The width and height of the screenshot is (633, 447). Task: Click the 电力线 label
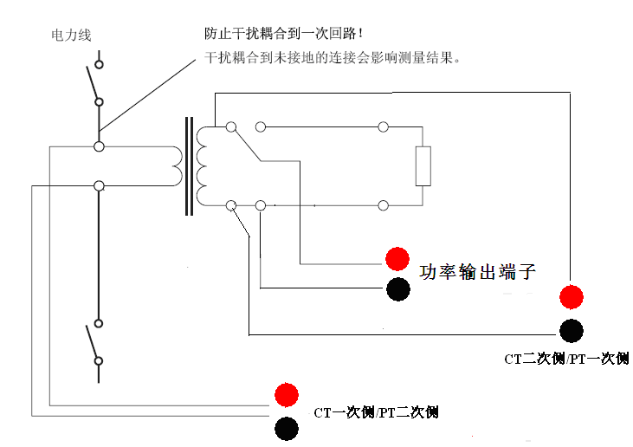(71, 36)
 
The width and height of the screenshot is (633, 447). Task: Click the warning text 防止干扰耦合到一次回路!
(285, 34)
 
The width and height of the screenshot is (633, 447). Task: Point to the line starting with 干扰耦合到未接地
(332, 59)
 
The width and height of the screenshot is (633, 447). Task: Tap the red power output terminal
(397, 258)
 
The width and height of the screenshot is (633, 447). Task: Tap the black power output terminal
(397, 289)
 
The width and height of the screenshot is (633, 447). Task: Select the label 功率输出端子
(477, 272)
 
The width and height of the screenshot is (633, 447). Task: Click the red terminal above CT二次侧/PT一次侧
(571, 297)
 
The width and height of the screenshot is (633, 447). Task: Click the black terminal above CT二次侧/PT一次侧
(571, 329)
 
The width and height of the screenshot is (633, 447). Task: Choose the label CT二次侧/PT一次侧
(567, 358)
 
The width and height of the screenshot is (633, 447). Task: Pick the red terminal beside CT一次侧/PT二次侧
(287, 395)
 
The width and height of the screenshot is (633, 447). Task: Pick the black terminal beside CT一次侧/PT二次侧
(287, 427)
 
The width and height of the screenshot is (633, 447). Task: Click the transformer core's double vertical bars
(188, 166)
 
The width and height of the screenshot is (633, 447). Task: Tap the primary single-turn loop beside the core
(174, 165)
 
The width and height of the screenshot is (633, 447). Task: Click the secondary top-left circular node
(230, 127)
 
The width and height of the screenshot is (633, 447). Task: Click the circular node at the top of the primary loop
(100, 146)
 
